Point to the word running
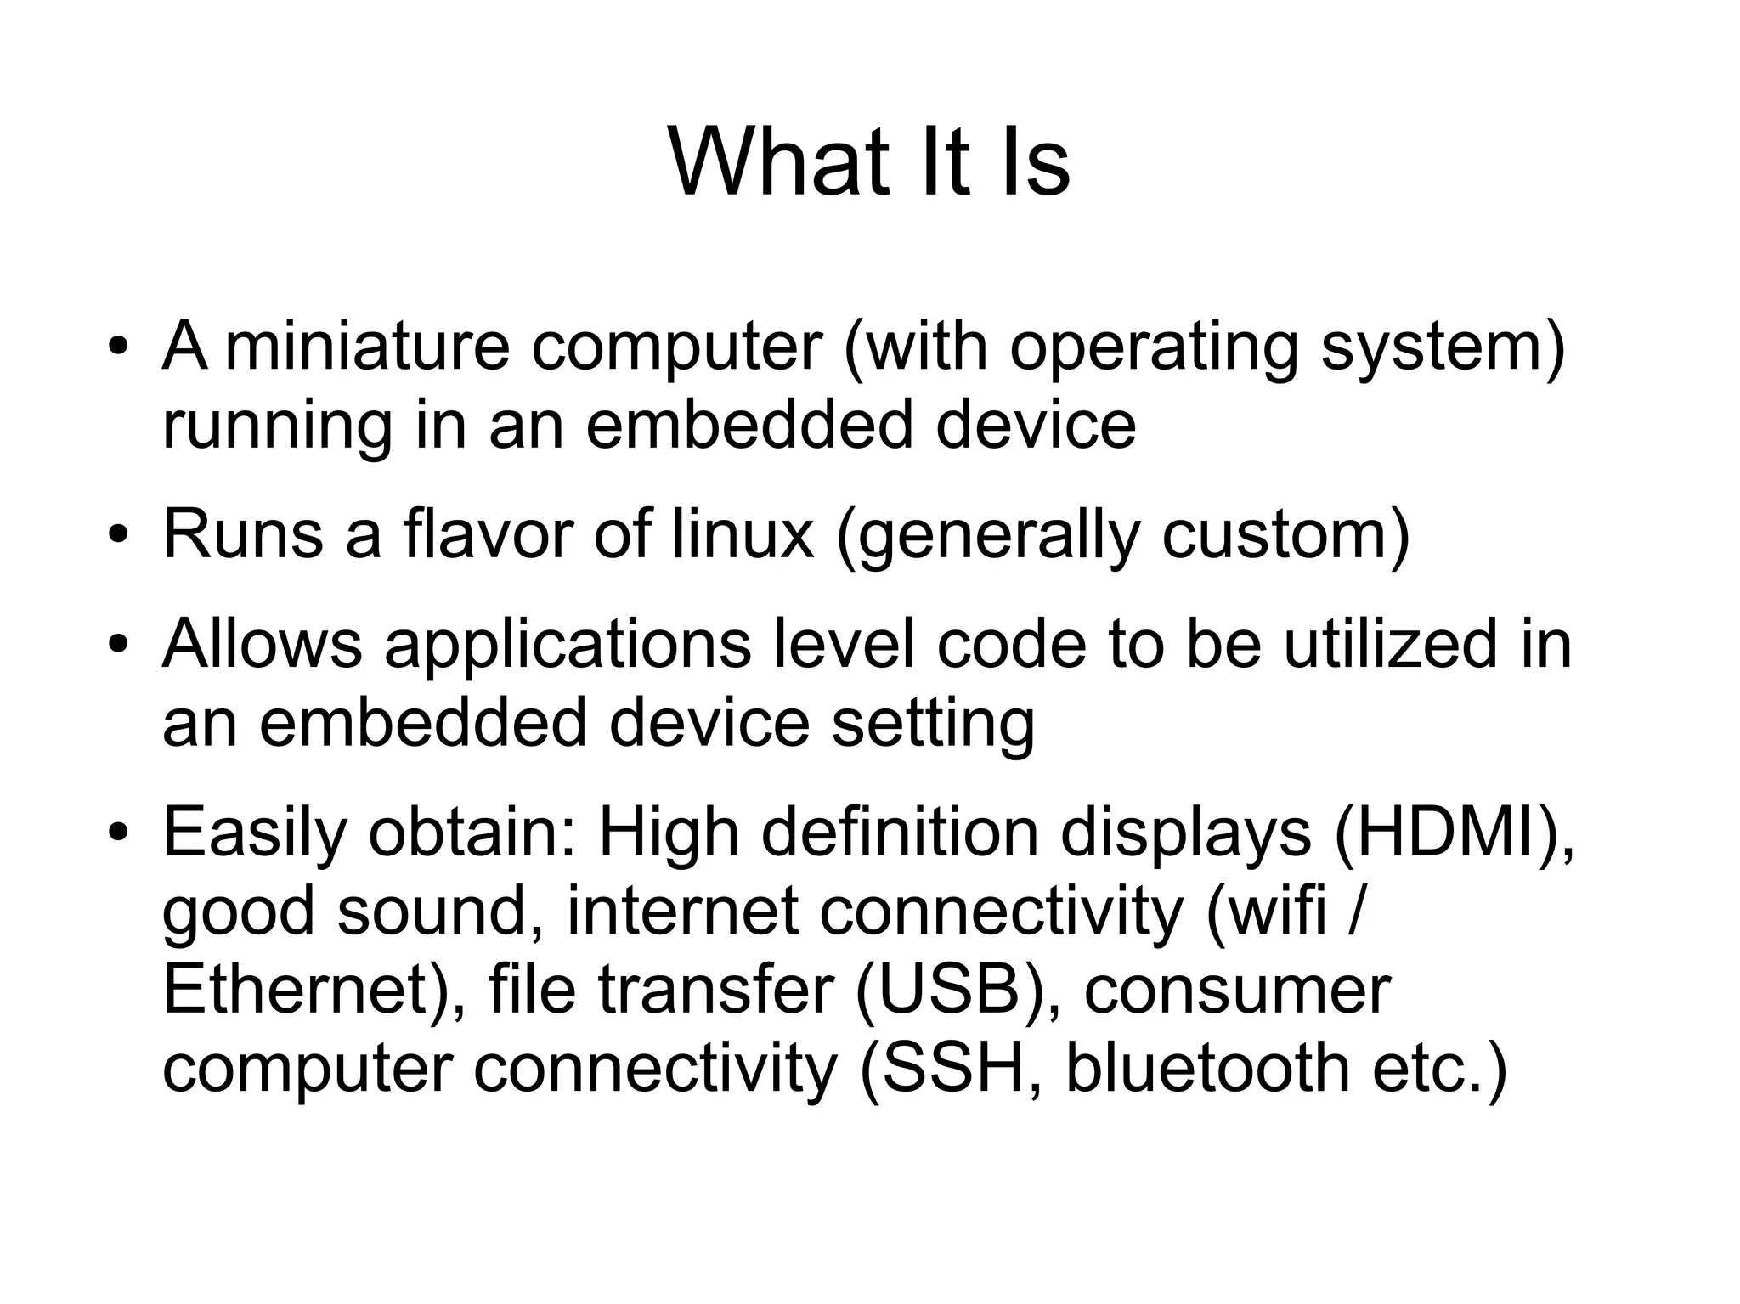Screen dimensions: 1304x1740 (277, 425)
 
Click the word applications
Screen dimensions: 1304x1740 (568, 645)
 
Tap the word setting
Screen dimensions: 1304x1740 (932, 723)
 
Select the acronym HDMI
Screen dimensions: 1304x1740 (1450, 833)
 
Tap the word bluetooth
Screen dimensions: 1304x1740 (1207, 1068)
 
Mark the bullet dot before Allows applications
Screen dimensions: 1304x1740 (118, 646)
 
